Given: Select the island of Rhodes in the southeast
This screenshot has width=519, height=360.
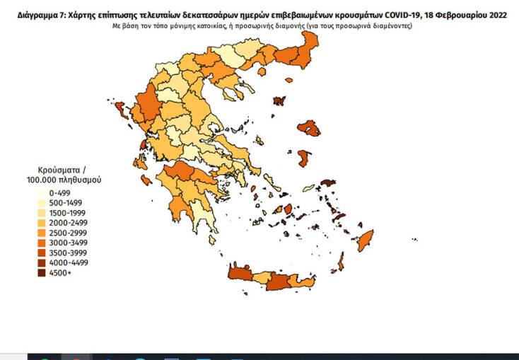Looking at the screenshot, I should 366,240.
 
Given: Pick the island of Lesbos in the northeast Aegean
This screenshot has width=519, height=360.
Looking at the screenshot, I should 309,129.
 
